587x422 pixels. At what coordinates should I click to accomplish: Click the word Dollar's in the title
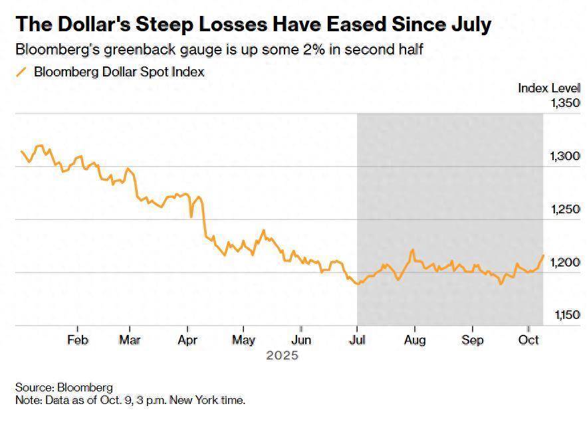(110, 25)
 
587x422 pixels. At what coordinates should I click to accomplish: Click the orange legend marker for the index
(21, 72)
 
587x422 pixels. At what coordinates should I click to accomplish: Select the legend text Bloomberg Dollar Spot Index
(119, 72)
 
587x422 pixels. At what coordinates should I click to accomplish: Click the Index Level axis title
(549, 88)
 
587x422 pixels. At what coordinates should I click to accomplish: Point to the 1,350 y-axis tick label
(566, 103)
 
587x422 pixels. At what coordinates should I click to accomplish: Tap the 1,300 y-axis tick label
(566, 156)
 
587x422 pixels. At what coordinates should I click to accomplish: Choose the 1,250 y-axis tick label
(566, 209)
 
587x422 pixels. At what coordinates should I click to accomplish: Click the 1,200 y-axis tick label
(566, 263)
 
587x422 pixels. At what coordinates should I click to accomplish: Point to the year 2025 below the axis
(282, 356)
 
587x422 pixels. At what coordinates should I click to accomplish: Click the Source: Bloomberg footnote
(64, 387)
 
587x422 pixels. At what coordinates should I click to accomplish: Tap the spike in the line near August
(413, 250)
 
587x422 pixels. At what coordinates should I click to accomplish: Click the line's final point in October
(544, 255)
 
